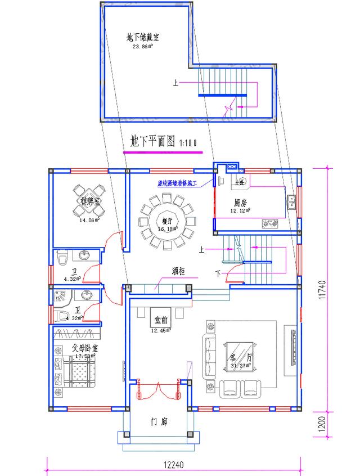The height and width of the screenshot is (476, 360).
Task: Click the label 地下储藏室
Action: click(142, 37)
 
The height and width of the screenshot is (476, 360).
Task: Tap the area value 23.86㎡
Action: click(143, 47)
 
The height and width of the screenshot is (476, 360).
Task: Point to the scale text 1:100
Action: click(188, 143)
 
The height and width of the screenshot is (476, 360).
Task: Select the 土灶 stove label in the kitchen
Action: click(241, 182)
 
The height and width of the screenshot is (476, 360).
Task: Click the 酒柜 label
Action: click(179, 271)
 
